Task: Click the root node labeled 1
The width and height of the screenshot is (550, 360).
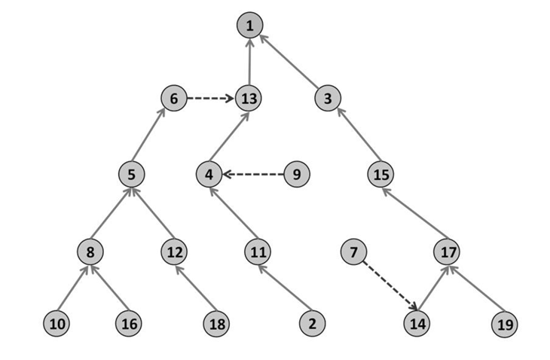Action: [249, 26]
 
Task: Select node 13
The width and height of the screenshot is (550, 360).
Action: [249, 98]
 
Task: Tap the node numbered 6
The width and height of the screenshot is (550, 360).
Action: [173, 98]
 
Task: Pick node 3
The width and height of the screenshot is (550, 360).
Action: [328, 98]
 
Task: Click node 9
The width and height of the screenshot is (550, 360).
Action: [297, 175]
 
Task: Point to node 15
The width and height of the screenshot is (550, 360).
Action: [381, 175]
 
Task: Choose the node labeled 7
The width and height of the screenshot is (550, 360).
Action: [353, 251]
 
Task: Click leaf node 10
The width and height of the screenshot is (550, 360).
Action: [56, 324]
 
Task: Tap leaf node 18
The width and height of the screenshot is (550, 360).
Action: [215, 324]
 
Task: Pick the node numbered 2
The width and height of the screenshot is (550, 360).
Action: [310, 324]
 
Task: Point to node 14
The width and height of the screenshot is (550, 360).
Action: [417, 324]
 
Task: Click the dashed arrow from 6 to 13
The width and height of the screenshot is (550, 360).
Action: [211, 98]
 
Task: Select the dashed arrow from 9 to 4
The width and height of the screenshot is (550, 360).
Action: [253, 175]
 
